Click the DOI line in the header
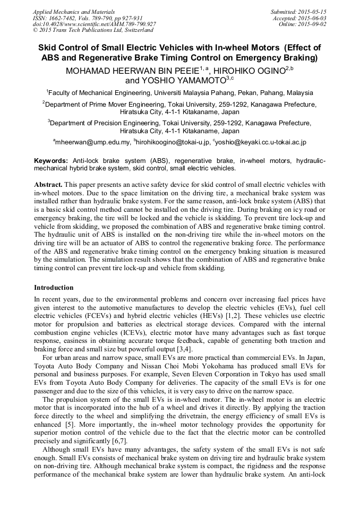click(94, 24)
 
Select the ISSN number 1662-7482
click(65, 18)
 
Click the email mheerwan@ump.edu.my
click(93, 143)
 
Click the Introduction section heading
click(54, 288)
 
